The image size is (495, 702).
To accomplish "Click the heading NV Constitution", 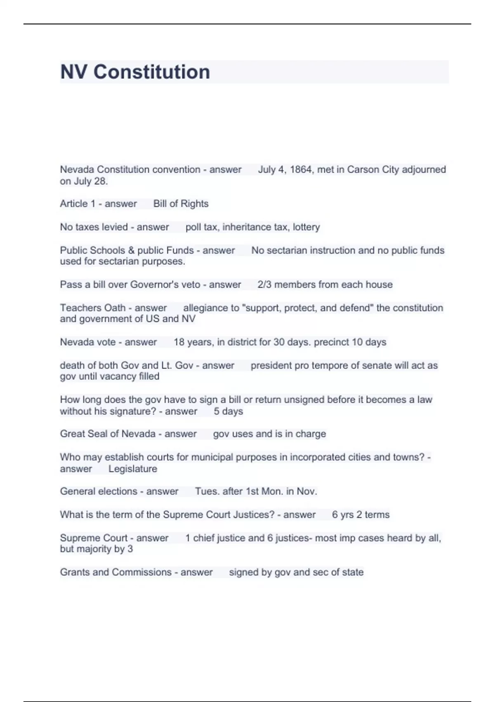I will tap(135, 72).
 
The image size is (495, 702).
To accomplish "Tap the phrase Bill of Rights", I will tap(181, 204).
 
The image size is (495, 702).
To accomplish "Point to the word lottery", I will tap(306, 227).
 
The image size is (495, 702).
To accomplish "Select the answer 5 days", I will tap(228, 411).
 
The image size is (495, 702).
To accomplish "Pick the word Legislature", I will tap(132, 469).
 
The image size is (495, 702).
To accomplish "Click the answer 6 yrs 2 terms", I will tap(361, 515).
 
